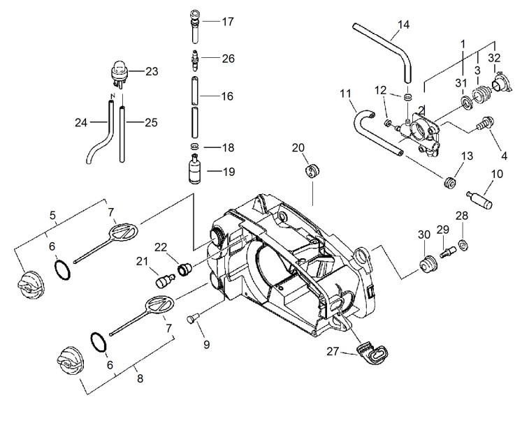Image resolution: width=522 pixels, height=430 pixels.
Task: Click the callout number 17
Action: pos(228,22)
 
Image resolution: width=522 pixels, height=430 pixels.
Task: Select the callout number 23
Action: pos(152,71)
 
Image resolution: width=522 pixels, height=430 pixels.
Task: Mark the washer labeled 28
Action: pos(462,244)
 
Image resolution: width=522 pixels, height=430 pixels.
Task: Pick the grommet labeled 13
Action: pos(450,184)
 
